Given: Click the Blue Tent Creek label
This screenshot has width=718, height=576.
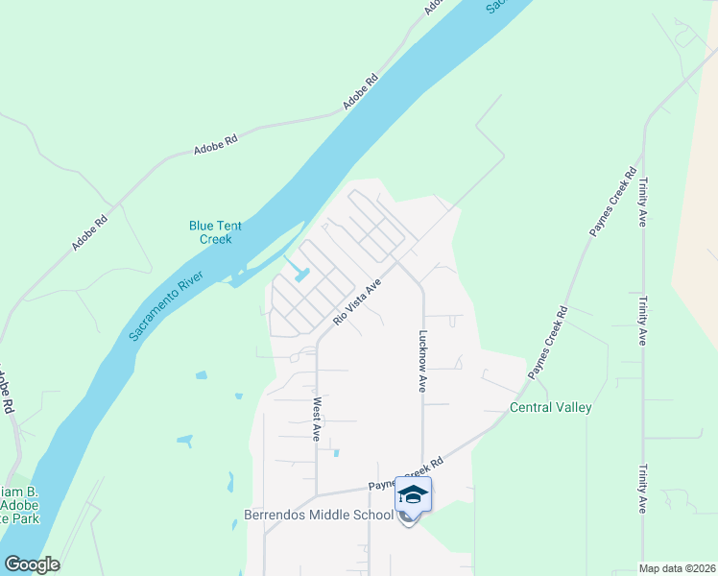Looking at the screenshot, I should (x=215, y=232).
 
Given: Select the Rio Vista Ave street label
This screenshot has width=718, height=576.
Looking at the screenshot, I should (x=358, y=300).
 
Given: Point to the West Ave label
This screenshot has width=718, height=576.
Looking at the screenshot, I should (x=315, y=419).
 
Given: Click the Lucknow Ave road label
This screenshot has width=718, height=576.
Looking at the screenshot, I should (x=421, y=362).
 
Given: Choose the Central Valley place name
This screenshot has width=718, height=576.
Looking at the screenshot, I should (x=550, y=407).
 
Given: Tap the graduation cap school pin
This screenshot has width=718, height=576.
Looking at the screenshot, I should (x=413, y=495).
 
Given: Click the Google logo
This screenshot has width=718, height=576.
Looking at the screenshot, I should (x=32, y=564).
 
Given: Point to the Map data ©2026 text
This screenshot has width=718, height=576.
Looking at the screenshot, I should (x=677, y=568).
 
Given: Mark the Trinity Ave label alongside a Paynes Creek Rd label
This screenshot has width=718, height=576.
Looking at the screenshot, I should (x=642, y=202).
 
